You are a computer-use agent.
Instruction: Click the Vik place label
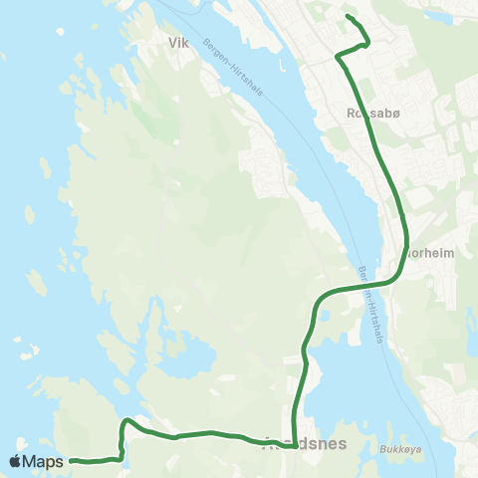(178, 44)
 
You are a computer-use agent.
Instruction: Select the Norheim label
(432, 253)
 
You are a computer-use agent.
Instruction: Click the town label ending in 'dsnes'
(307, 445)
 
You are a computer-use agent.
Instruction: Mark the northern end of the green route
(347, 17)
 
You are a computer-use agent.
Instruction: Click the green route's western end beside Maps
(72, 460)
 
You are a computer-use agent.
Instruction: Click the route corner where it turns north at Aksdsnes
(295, 445)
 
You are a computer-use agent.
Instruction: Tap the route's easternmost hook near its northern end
(368, 42)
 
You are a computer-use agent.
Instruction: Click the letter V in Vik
(172, 44)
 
